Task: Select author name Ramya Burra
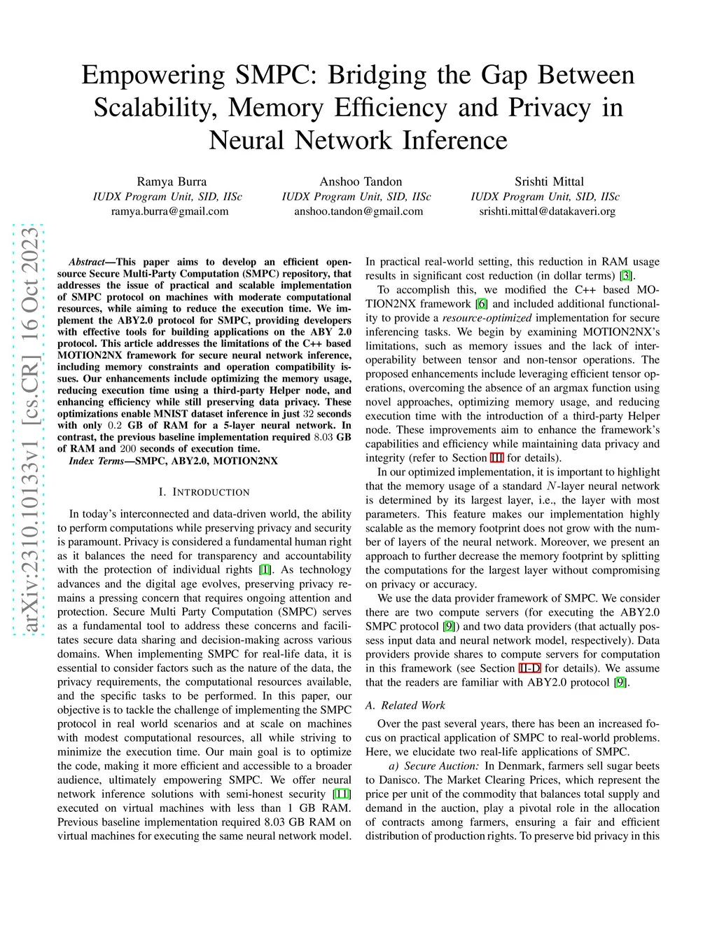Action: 172,181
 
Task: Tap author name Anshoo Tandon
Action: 361,181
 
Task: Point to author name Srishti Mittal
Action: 549,181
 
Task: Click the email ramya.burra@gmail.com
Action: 169,211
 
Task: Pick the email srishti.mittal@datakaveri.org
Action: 547,211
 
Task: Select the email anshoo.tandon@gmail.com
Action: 358,211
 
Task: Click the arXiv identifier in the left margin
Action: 29,429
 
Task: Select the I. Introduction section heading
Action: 204,492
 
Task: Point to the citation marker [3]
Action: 627,276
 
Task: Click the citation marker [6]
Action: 482,304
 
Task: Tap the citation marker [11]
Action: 342,794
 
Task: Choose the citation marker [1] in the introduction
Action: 265,570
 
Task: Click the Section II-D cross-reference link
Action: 529,668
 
